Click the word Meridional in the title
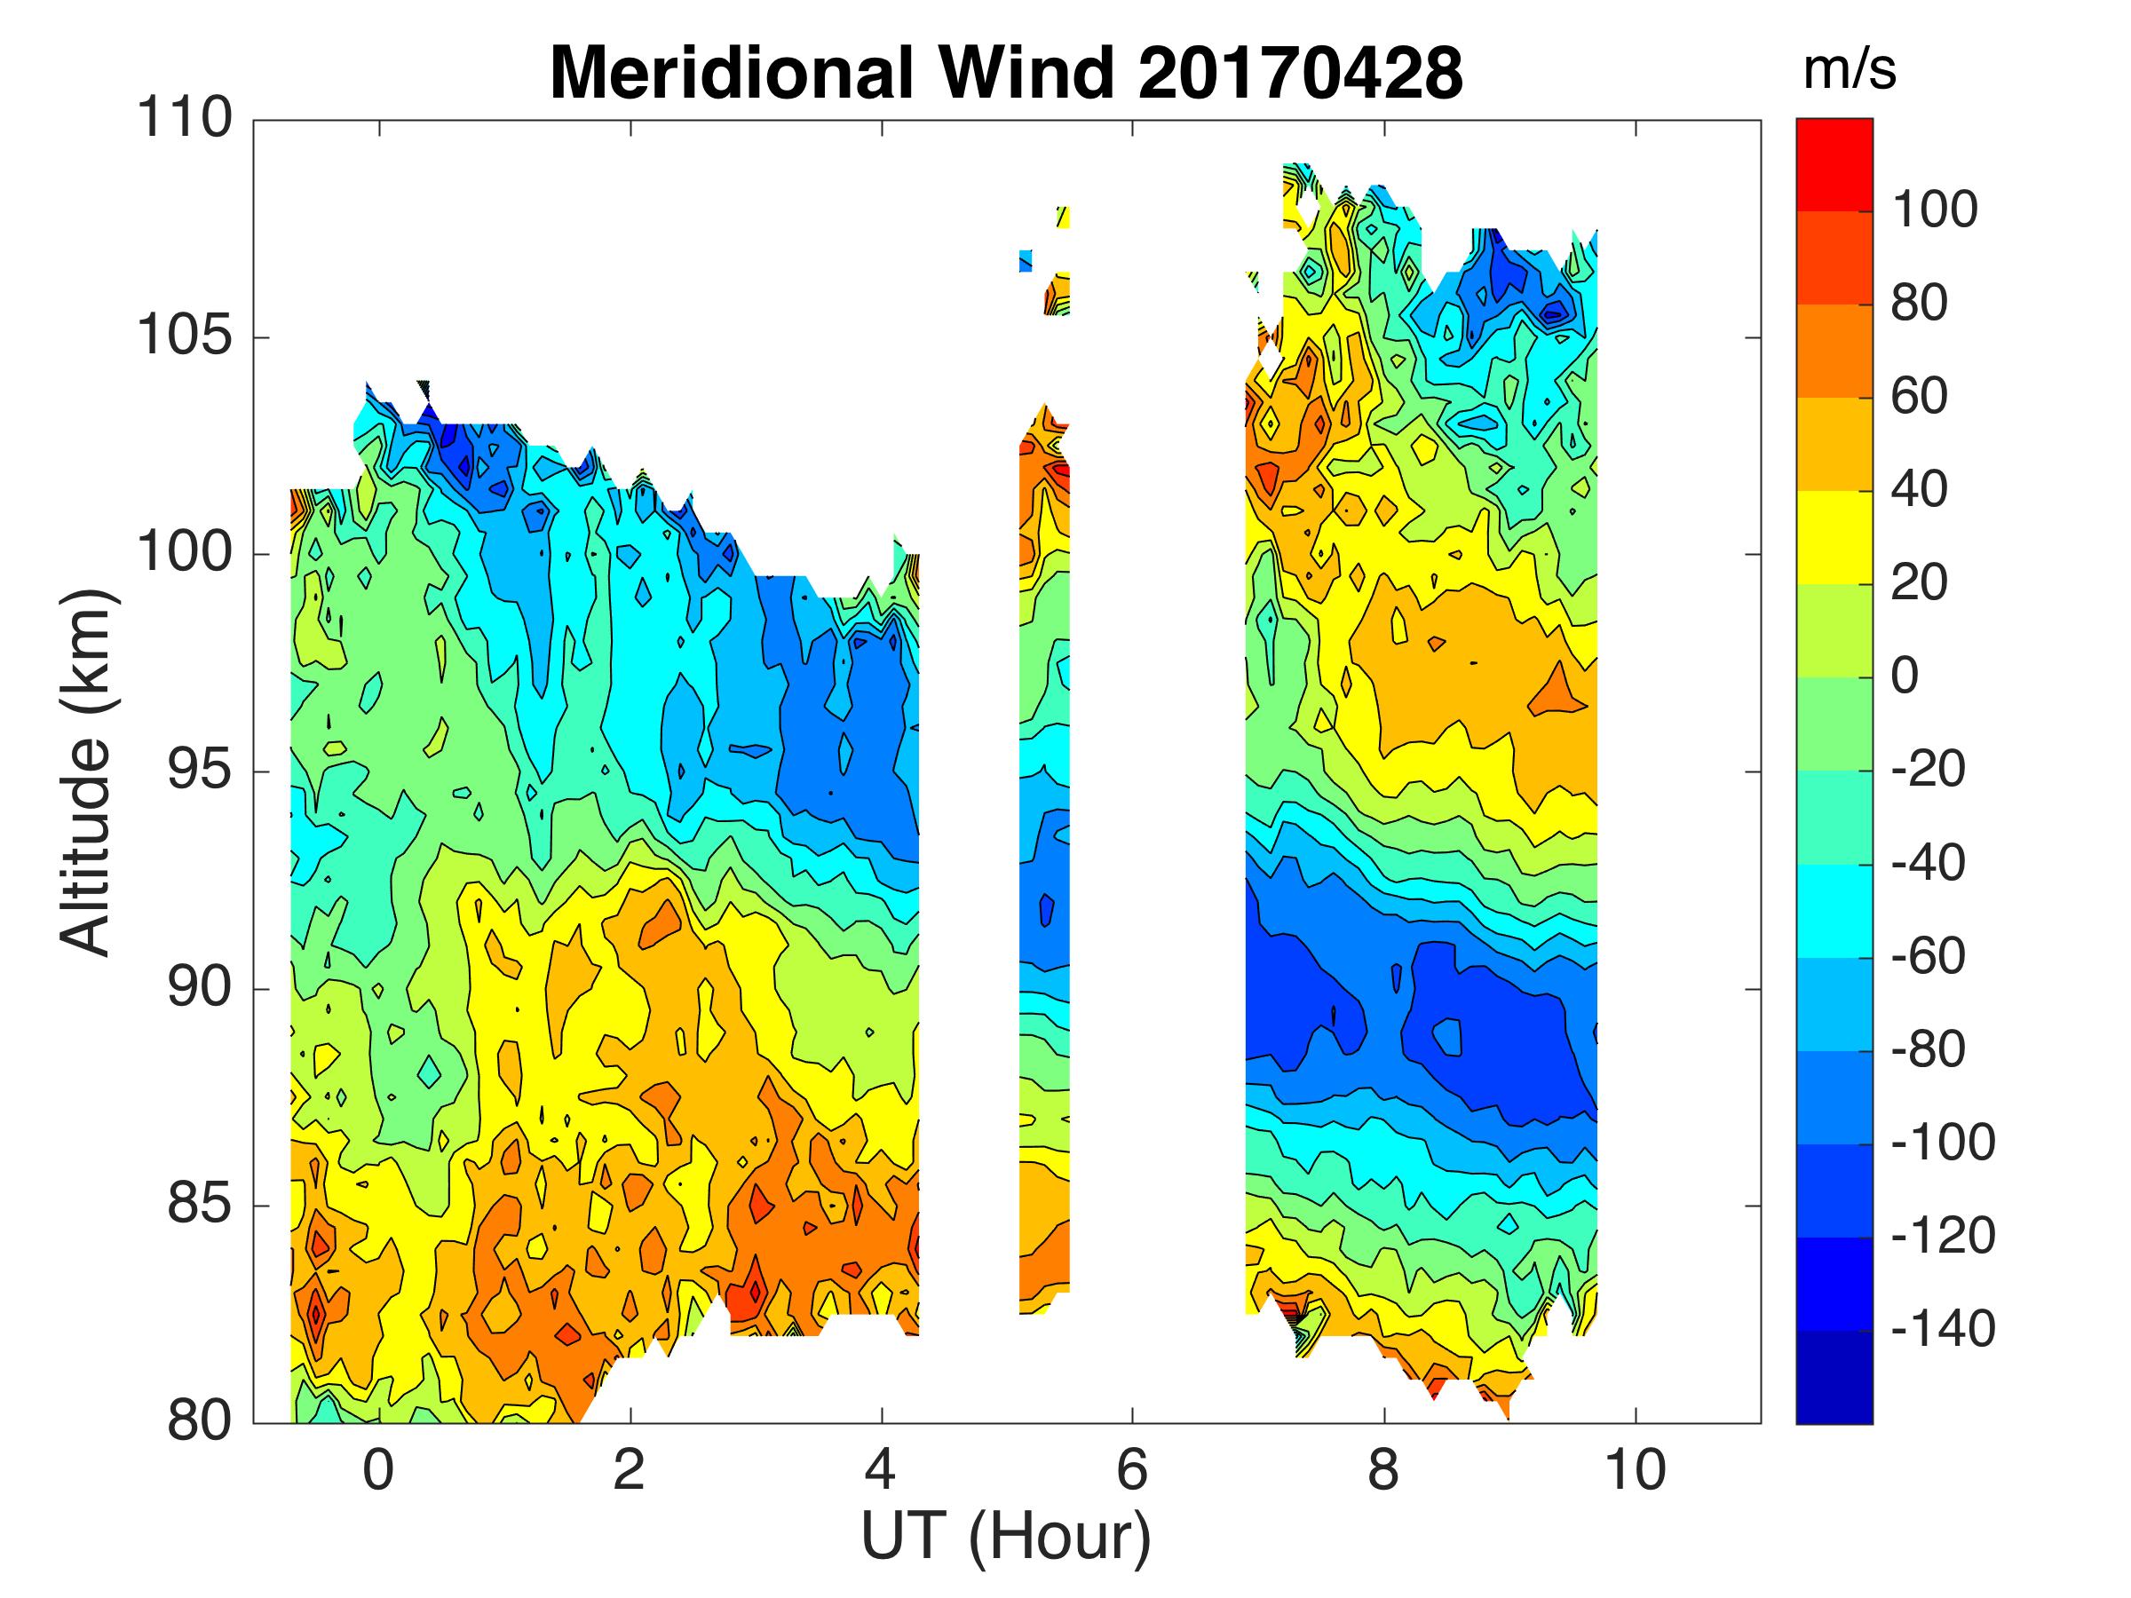click(732, 73)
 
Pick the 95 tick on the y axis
click(200, 771)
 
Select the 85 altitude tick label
click(200, 1206)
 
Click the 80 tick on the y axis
click(200, 1421)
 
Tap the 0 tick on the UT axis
click(378, 1471)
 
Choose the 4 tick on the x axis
click(881, 1471)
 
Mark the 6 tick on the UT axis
click(1132, 1471)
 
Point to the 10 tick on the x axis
click(1635, 1471)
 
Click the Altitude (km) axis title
click(87, 771)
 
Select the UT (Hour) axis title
click(1006, 1538)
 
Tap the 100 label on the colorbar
click(1935, 210)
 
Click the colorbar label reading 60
click(1919, 397)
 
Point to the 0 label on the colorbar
click(1905, 676)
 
